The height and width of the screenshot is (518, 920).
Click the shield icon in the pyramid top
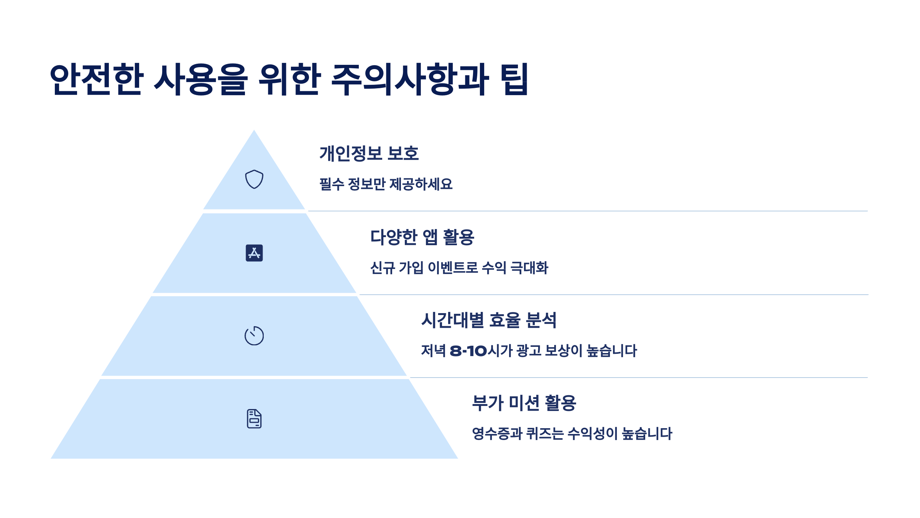click(254, 179)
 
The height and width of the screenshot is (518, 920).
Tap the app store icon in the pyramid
click(254, 253)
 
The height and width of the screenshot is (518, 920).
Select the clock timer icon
click(254, 336)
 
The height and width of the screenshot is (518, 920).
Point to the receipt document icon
click(254, 419)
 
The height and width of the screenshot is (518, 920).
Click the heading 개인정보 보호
click(369, 153)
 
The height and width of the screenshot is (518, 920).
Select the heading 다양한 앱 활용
click(422, 237)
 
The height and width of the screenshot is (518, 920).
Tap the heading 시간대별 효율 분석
click(489, 320)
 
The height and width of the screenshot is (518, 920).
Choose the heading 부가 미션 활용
click(524, 403)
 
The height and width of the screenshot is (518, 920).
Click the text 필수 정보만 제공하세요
click(386, 184)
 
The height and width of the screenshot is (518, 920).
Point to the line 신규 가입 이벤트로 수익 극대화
click(459, 267)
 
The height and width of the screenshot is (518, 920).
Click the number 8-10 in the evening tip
click(468, 351)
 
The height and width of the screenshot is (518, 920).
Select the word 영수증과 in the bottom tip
click(497, 434)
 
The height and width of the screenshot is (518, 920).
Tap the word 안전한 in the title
click(97, 79)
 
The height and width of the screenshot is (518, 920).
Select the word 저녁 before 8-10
click(433, 351)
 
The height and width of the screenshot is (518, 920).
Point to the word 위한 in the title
click(289, 79)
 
